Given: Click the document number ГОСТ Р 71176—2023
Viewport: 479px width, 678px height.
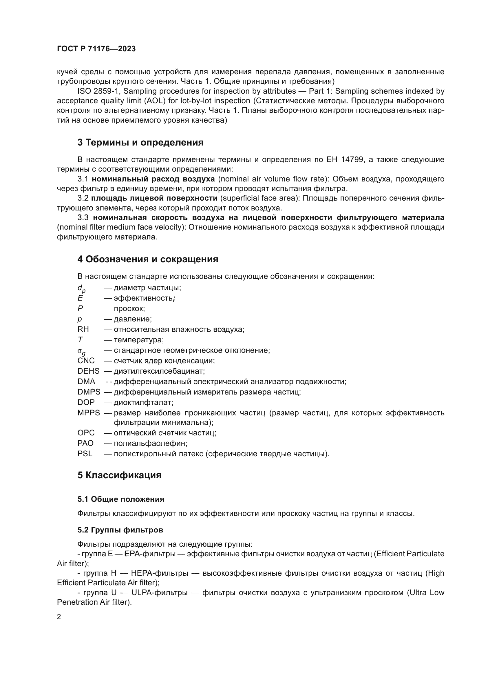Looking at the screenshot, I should (x=96, y=49).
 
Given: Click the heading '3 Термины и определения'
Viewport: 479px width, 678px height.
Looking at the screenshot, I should (x=140, y=143).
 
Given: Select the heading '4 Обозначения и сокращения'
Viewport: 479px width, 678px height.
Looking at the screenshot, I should (x=148, y=259).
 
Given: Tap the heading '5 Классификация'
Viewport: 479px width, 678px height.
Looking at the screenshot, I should (x=119, y=475).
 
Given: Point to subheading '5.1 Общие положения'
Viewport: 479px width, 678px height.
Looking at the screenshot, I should (x=121, y=499).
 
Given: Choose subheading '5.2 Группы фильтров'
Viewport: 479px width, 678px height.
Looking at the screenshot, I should (x=120, y=530).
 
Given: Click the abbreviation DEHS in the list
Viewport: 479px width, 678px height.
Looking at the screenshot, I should (x=89, y=371).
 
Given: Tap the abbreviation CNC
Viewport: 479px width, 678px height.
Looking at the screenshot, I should (x=86, y=361).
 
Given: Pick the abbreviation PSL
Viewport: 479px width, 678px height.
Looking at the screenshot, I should (x=85, y=454).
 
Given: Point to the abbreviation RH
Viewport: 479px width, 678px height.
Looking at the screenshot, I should (x=83, y=329).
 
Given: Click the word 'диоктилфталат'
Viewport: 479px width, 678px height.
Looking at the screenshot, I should (x=143, y=403).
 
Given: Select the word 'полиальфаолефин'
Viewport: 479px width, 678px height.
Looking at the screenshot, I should (x=150, y=443).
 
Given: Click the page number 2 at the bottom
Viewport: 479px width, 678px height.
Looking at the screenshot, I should (x=59, y=617).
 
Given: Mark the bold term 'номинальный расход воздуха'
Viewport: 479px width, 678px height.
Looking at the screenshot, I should (x=153, y=179).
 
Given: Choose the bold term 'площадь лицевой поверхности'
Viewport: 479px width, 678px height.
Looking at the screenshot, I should (x=154, y=198).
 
